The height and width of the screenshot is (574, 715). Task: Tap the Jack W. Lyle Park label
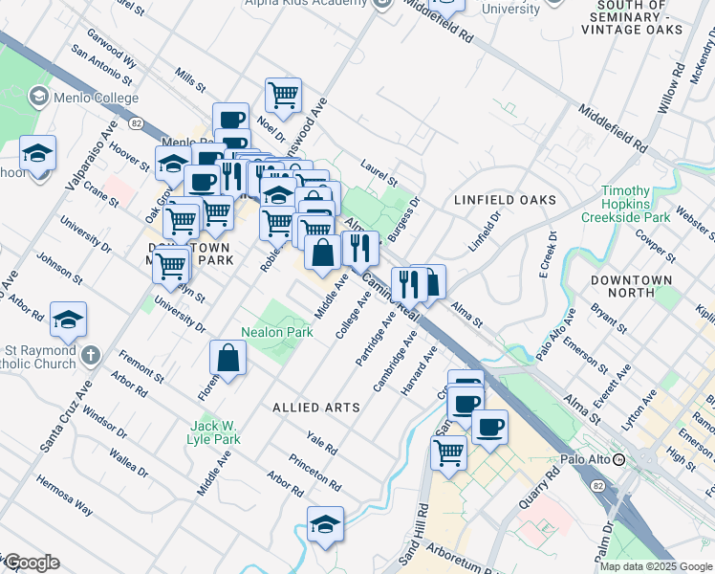(x=214, y=431)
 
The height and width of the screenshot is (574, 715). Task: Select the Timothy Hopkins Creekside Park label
(x=639, y=204)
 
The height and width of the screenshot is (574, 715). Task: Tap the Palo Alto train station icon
(x=618, y=459)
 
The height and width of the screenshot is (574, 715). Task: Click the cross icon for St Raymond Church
(x=91, y=356)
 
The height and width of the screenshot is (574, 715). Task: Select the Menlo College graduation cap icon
(x=38, y=96)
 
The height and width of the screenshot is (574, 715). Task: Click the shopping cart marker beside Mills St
(x=283, y=96)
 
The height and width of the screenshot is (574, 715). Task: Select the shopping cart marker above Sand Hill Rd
(x=448, y=451)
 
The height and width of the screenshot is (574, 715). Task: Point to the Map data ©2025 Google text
(x=655, y=566)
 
